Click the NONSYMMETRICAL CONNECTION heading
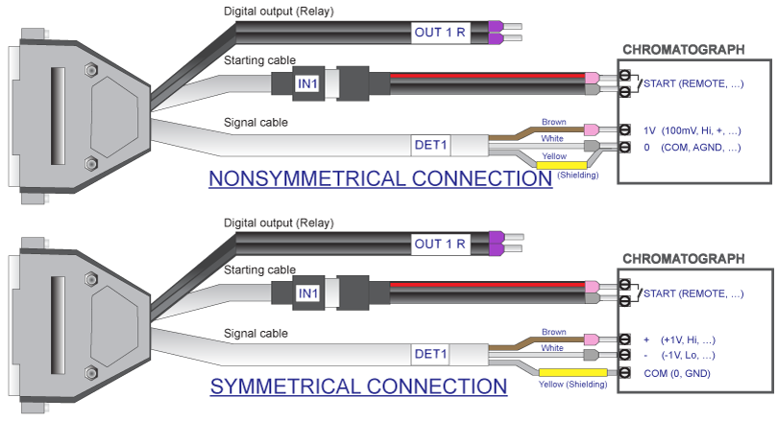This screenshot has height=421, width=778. click(380, 178)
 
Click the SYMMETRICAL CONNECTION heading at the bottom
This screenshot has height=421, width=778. click(358, 386)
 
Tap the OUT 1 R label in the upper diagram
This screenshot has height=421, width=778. click(440, 33)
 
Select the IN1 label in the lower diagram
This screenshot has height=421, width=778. click(308, 293)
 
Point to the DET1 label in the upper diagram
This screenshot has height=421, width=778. click(430, 145)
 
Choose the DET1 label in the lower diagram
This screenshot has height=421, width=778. click(430, 354)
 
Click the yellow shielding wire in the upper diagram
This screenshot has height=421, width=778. click(562, 165)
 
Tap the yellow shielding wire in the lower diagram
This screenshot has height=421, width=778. click(573, 372)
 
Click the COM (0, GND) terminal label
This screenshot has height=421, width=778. click(677, 373)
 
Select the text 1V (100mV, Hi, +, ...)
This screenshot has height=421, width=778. click(693, 130)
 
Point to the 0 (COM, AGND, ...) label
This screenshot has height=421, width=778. click(693, 148)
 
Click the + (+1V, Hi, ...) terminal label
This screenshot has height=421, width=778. click(679, 339)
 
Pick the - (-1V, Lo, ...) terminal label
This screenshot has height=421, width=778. click(679, 355)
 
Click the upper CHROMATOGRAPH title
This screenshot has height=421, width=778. click(684, 50)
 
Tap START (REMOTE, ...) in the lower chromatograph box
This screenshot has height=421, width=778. click(693, 293)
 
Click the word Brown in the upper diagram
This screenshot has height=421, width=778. click(554, 122)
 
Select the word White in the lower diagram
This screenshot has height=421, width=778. click(552, 348)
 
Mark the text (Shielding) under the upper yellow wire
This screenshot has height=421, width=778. click(578, 175)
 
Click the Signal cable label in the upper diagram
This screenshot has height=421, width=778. click(255, 123)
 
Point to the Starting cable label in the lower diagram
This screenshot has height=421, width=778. click(259, 269)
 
